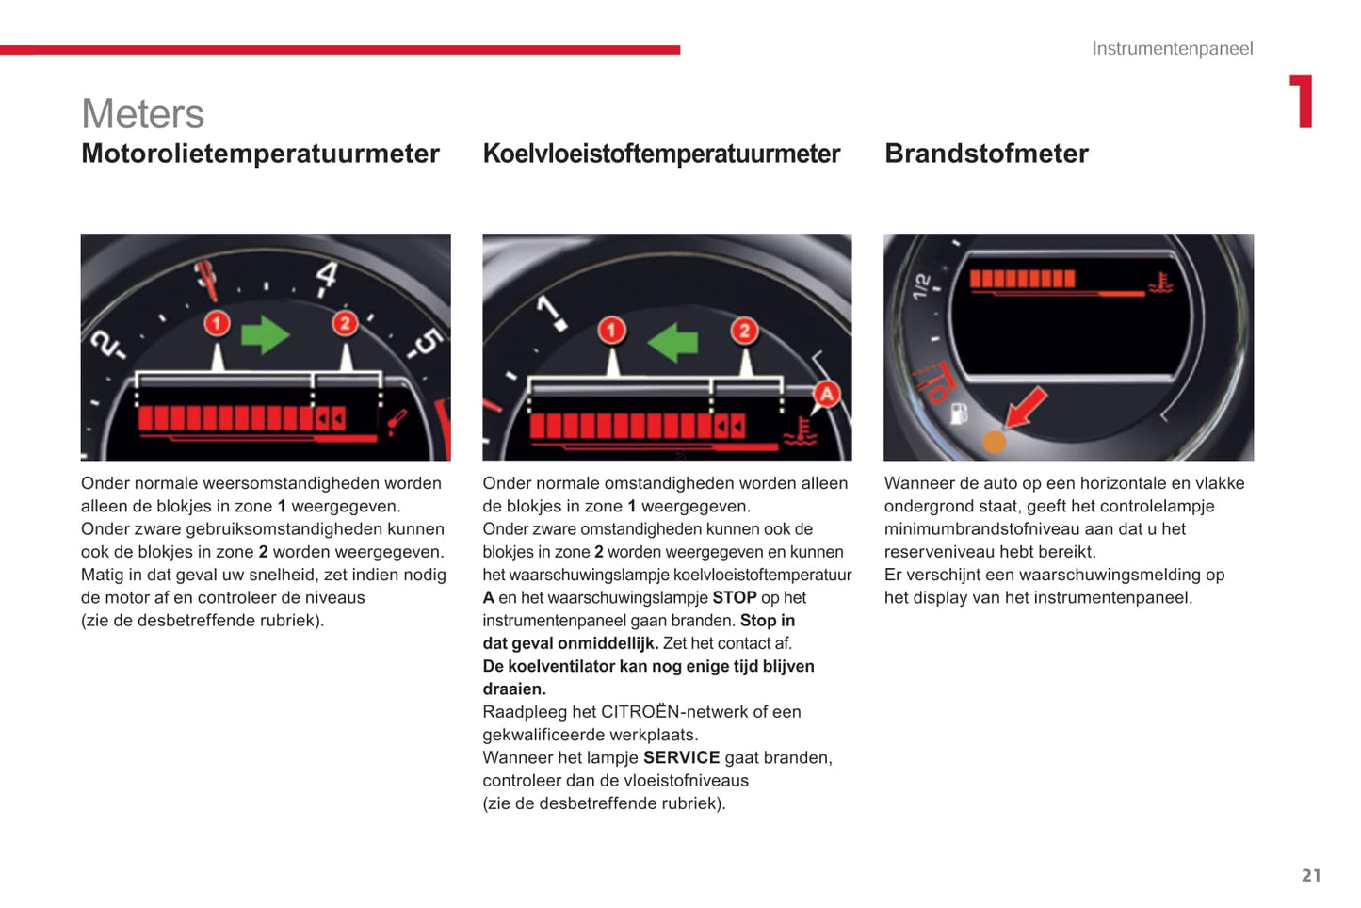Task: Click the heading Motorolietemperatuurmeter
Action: [260, 154]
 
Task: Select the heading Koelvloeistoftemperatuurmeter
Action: [661, 154]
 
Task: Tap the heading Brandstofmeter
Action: [986, 154]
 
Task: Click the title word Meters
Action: [143, 114]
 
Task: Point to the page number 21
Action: [1311, 875]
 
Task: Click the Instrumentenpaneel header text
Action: [1172, 48]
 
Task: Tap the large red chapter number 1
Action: [1302, 102]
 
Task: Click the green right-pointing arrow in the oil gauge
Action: [265, 334]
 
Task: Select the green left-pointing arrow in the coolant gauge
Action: [672, 342]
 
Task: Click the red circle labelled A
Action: [826, 394]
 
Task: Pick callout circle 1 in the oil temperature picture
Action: [217, 324]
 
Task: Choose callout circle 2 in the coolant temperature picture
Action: [744, 330]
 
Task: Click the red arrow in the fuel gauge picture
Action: [1025, 408]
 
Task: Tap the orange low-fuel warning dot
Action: [994, 441]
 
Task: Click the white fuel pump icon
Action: [959, 413]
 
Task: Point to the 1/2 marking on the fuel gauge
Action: [922, 285]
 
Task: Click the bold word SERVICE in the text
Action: [681, 757]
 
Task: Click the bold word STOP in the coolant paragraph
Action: [734, 597]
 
